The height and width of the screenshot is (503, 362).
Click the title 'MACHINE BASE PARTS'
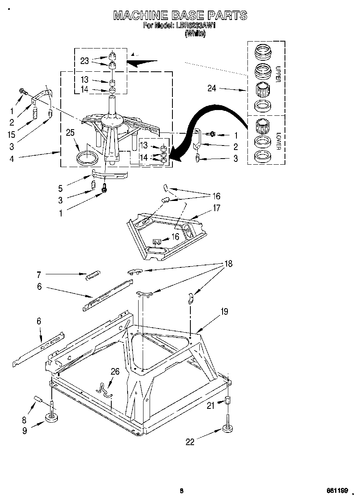(x=180, y=15)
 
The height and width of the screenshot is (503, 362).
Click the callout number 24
(x=212, y=88)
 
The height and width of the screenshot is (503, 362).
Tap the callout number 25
(x=70, y=132)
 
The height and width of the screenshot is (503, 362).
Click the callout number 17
(x=216, y=208)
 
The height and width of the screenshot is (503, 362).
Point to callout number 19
(x=224, y=312)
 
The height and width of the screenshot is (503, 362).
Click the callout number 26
(x=115, y=371)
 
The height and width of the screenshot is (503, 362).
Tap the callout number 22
(x=190, y=441)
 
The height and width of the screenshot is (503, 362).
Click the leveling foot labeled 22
(x=228, y=428)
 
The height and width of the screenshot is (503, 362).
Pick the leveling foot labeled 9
(x=52, y=417)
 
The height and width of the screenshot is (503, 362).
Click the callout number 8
(x=24, y=419)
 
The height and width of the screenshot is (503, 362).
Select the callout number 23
(x=84, y=61)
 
